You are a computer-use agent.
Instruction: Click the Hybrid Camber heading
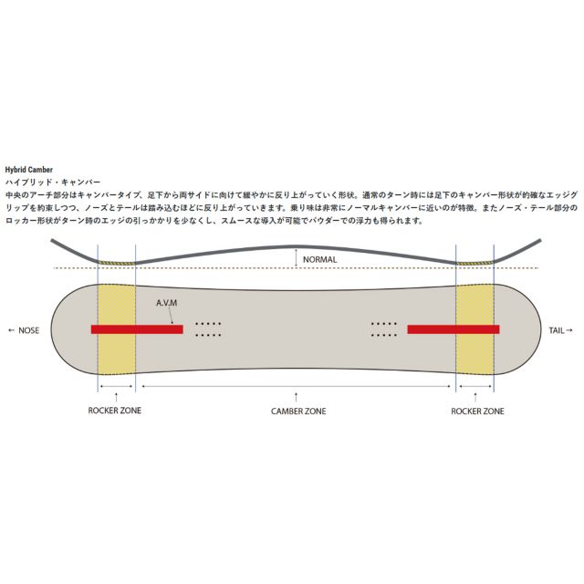click(x=28, y=170)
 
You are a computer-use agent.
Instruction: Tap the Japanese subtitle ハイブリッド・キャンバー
click(x=53, y=182)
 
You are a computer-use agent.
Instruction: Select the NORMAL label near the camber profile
click(x=319, y=259)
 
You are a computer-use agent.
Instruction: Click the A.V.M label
click(x=166, y=303)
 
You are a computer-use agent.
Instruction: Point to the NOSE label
click(x=28, y=330)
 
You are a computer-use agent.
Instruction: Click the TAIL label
click(x=557, y=330)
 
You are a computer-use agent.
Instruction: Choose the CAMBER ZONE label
click(x=298, y=412)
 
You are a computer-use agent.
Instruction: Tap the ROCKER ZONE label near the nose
click(x=115, y=411)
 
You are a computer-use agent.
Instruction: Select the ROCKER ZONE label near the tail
click(x=477, y=412)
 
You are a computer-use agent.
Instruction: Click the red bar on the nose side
click(x=137, y=329)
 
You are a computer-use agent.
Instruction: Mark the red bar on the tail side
click(x=454, y=329)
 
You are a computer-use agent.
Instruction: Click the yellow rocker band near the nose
click(x=117, y=328)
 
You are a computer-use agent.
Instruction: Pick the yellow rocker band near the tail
click(x=474, y=328)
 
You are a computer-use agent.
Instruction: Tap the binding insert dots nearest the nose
click(x=208, y=329)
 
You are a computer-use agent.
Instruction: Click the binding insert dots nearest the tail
click(x=384, y=329)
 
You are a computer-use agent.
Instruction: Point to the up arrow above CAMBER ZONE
click(x=296, y=397)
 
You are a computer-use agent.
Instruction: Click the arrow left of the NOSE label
click(x=12, y=330)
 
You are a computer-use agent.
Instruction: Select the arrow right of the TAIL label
click(x=569, y=330)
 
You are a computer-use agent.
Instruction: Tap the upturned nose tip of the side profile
click(x=52, y=241)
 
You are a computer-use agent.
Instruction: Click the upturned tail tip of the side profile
click(x=539, y=241)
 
